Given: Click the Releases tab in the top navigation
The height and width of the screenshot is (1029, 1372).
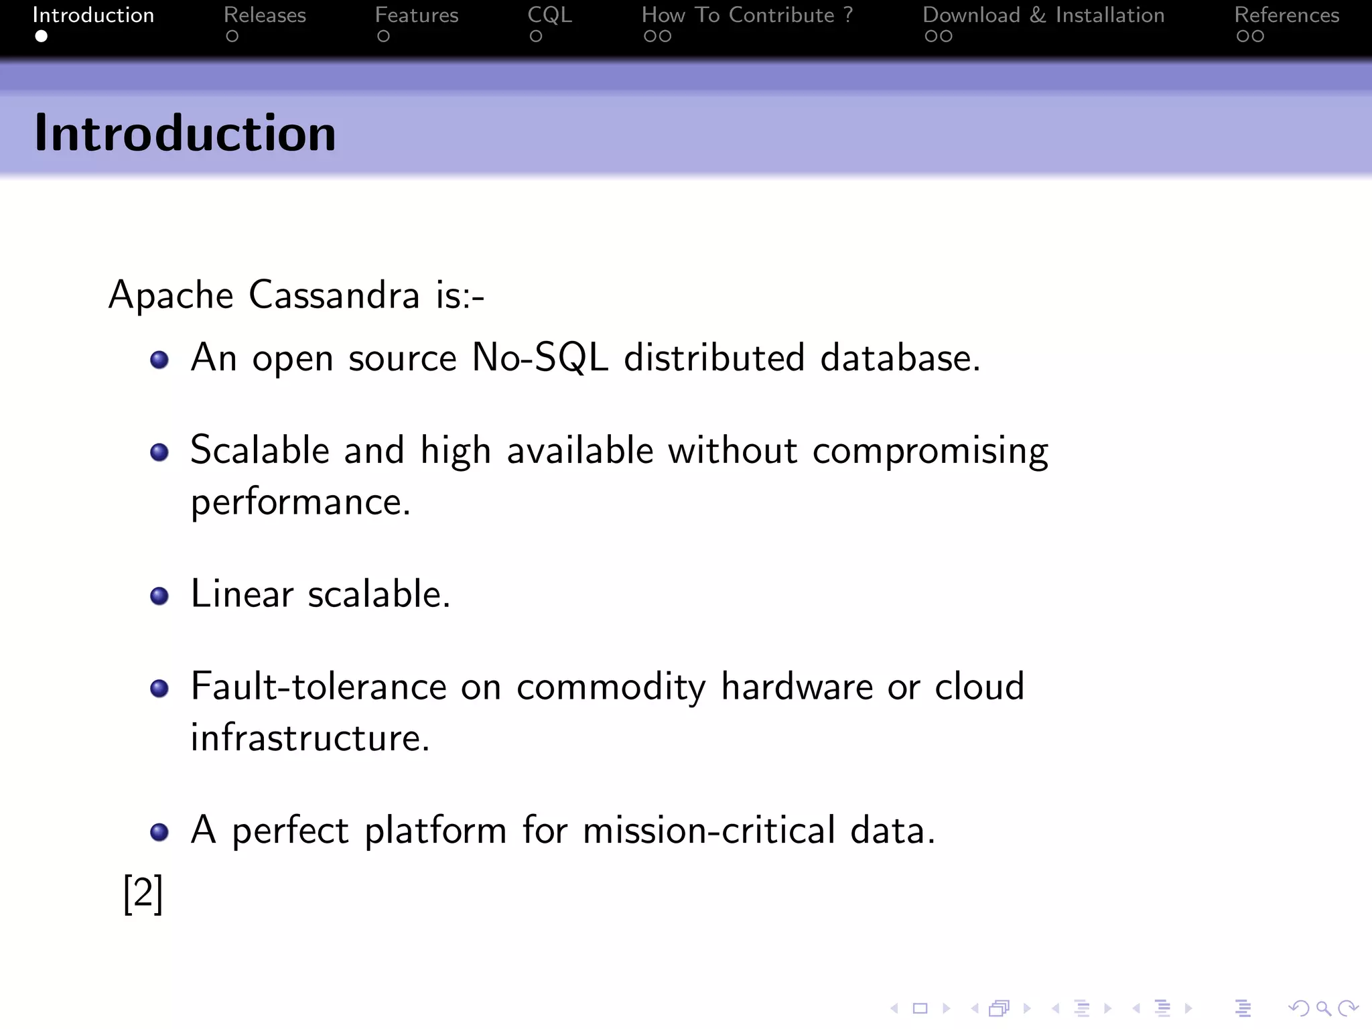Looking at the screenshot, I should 265,15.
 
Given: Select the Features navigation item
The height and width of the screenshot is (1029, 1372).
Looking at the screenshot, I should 416,15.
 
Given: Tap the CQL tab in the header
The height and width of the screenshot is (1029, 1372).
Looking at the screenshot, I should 549,15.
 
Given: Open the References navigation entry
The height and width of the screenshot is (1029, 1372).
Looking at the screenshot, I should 1286,15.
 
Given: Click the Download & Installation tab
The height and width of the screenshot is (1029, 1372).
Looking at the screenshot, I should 1043,15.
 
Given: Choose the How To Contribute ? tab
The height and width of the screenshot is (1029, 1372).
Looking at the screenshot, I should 747,15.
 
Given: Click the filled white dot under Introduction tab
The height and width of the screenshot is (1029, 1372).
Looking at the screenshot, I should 42,36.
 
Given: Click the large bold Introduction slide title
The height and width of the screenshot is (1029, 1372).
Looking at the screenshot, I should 185,133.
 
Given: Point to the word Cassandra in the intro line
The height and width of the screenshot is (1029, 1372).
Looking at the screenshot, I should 334,295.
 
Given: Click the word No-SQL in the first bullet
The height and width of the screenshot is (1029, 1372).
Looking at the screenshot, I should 540,358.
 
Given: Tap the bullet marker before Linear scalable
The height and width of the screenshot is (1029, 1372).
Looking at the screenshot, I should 159,596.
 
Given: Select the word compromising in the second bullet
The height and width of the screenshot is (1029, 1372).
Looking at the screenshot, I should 930,451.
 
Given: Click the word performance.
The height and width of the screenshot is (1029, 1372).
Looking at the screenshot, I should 300,502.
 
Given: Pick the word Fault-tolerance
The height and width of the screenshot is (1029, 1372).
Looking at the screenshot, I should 318,687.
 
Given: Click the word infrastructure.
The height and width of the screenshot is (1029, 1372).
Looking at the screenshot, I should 310,738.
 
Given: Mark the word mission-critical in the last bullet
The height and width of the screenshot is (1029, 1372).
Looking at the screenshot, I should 709,831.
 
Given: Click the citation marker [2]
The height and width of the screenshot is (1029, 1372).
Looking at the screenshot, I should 143,894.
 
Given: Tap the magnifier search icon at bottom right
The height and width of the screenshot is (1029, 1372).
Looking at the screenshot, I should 1322,1008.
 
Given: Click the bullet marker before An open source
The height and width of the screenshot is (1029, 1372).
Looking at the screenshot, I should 159,360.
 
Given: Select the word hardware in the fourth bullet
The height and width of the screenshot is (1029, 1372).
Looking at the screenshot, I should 797,687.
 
